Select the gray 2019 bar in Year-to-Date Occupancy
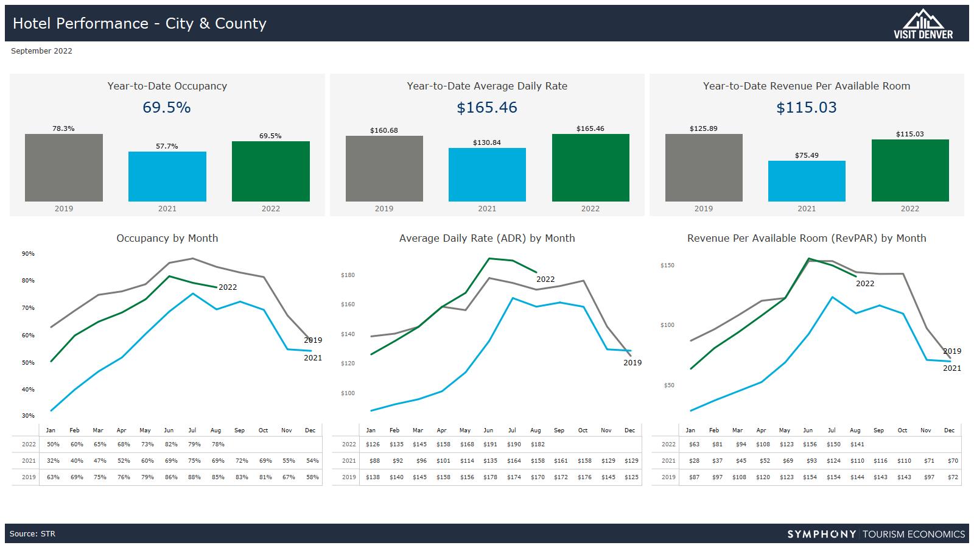[64, 167]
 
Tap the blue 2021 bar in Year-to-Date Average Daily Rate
[487, 174]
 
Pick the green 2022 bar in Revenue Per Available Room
[910, 170]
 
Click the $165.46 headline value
[487, 108]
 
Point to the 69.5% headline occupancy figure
[167, 108]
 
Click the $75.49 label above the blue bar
[807, 155]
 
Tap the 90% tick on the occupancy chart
[28, 254]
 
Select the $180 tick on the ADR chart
[348, 275]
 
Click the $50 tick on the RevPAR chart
[668, 385]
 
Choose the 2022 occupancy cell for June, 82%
[171, 444]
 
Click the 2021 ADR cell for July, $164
[514, 461]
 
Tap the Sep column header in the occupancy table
[239, 430]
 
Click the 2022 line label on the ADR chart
[545, 279]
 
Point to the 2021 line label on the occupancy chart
[313, 358]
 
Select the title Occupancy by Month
[167, 238]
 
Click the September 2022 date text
[41, 51]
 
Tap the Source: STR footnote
[32, 534]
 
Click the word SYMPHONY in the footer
[822, 534]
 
